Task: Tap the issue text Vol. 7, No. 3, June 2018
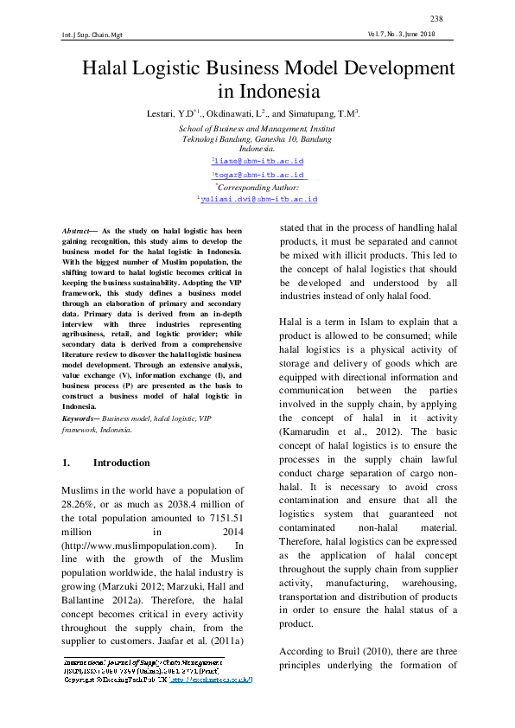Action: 401,35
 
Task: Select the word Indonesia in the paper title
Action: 268,92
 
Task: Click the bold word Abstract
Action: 78,232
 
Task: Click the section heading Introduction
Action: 121,463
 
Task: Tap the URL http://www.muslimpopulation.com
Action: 137,546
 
